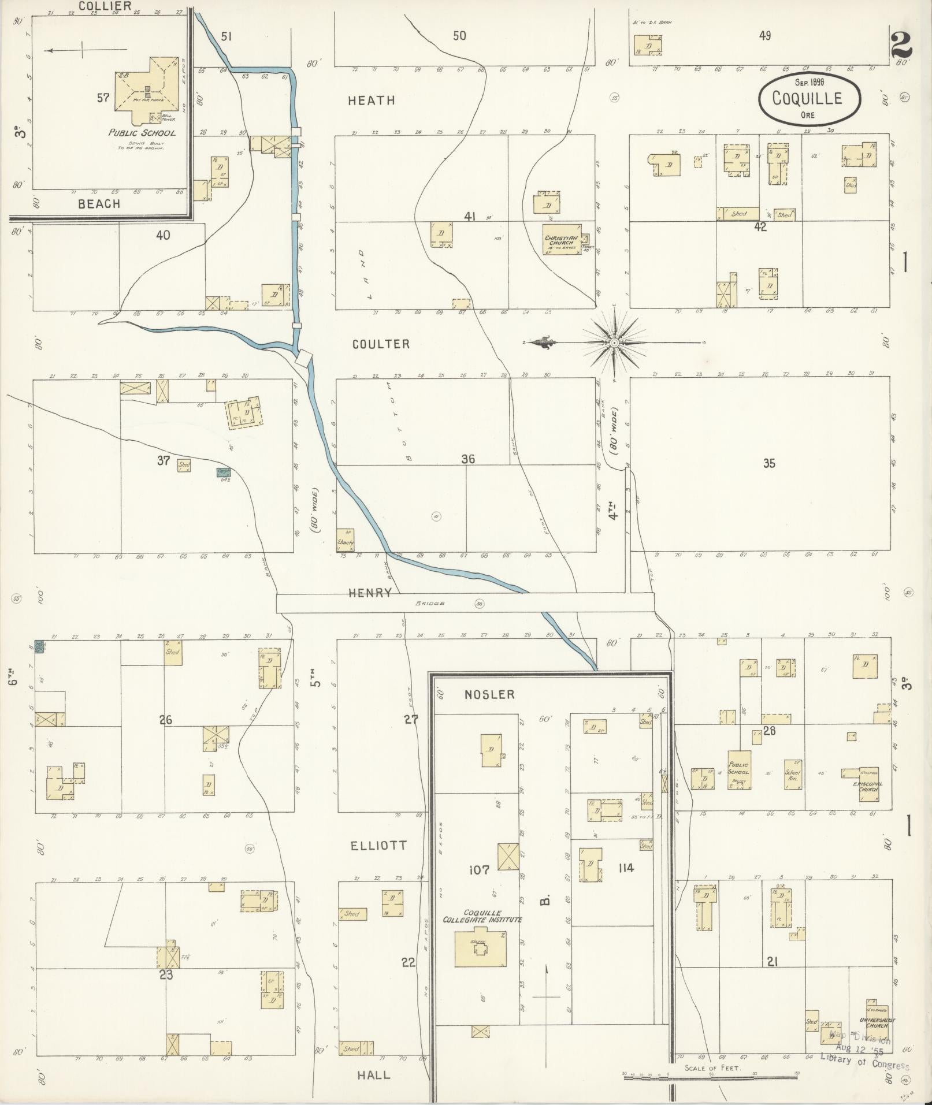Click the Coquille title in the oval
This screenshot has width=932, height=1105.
pos(807,98)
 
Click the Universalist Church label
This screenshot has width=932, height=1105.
pos(877,1023)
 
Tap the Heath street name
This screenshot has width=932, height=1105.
pos(372,101)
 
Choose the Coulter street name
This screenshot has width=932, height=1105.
pos(381,344)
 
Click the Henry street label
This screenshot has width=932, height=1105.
pos(370,593)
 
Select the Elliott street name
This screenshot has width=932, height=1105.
pos(378,846)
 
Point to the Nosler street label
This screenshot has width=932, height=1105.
pos(489,694)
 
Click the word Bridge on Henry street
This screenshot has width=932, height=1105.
pos(429,604)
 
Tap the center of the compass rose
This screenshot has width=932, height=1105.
pos(614,343)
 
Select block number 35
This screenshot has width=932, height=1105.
pos(768,463)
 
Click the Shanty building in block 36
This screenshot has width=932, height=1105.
pos(346,541)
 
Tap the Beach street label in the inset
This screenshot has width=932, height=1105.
pos(99,204)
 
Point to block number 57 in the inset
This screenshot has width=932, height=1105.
pos(103,98)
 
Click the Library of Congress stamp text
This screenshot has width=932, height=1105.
pos(864,1056)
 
